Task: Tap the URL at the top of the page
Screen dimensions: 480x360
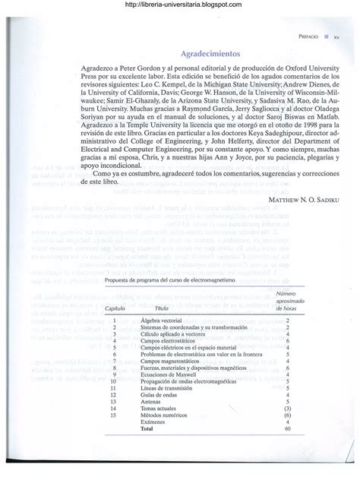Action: pyautogui.click(x=180, y=6)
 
